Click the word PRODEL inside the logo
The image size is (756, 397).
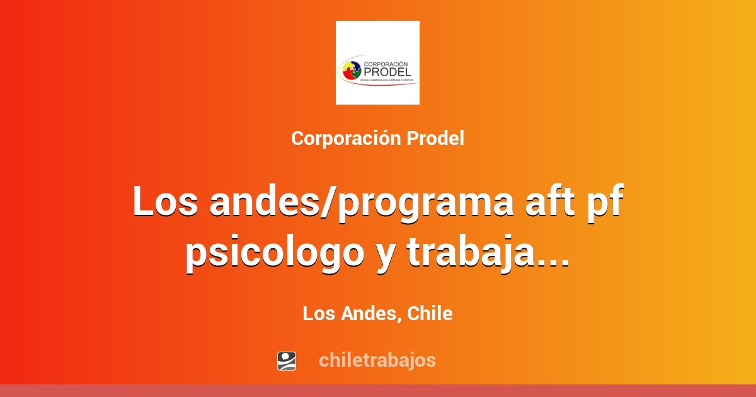[387, 72]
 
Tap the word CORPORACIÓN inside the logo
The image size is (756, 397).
[387, 63]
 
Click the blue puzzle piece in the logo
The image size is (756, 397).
[354, 66]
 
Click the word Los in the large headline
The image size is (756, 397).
[164, 204]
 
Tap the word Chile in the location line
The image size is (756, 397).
[430, 314]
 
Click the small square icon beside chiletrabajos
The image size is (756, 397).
[287, 360]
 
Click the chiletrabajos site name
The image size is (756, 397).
[377, 360]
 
